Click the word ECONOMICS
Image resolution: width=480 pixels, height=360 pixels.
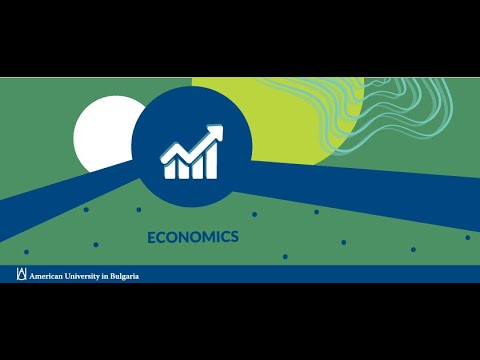coord(193,237)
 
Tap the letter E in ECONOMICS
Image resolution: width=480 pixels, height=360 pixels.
coord(151,237)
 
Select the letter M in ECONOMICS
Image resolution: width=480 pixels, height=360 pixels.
coord(208,237)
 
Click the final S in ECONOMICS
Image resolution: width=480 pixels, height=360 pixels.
coord(235,237)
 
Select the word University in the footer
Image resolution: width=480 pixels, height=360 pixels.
coord(82,276)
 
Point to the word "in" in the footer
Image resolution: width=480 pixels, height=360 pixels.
coord(105,276)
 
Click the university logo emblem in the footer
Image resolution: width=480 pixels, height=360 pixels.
coord(22,274)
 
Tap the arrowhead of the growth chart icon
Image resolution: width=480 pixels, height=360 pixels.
coord(215,132)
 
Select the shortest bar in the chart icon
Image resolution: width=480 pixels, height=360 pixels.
coord(169,171)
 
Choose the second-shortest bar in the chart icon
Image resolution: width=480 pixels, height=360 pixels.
coord(184,169)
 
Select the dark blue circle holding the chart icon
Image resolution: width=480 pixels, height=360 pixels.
coord(192,146)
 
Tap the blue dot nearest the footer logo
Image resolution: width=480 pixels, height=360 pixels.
coord(26,252)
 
